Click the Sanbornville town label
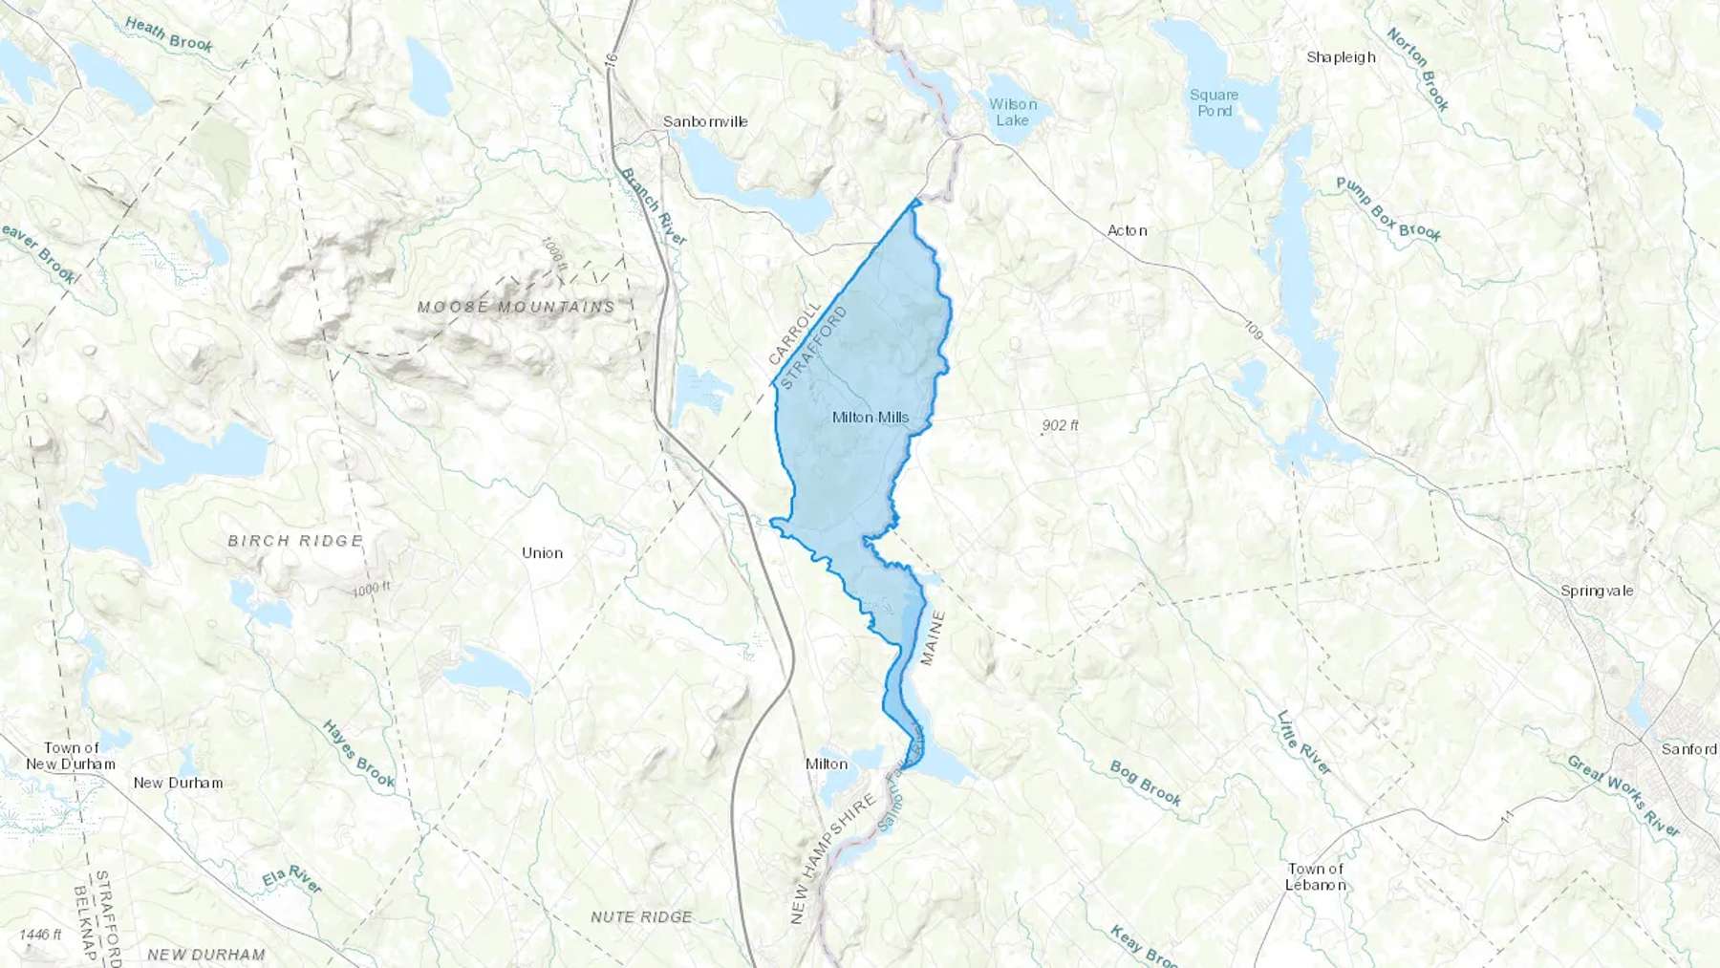[x=705, y=121]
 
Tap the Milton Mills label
[x=870, y=418]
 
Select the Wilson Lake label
[x=1012, y=112]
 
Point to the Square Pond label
[x=1215, y=102]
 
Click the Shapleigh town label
[x=1341, y=57]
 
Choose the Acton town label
[x=1127, y=230]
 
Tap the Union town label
[x=542, y=553]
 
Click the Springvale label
[x=1597, y=591]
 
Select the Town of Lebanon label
[x=1316, y=876]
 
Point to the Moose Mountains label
[x=516, y=307]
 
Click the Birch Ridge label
[x=295, y=541]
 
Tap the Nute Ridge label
[x=641, y=916]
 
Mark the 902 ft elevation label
[x=1060, y=425]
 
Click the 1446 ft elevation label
[x=40, y=934]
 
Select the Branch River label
[x=654, y=206]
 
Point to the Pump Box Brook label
[x=1387, y=209]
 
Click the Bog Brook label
[x=1146, y=783]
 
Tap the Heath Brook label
[x=169, y=33]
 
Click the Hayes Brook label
[x=358, y=754]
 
